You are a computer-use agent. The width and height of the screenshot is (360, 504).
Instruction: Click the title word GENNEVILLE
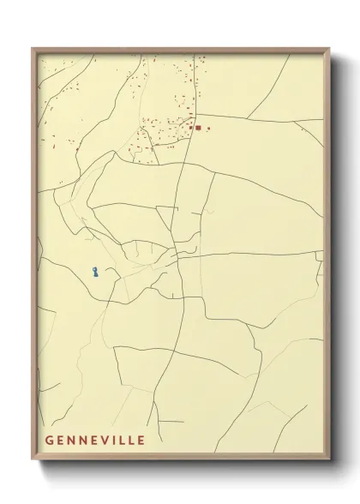[x=95, y=441]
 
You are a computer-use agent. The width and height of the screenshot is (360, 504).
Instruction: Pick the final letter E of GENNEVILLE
[x=140, y=441]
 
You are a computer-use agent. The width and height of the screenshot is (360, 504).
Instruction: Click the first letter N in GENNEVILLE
[x=72, y=441]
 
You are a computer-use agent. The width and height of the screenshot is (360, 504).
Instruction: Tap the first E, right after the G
[x=61, y=441]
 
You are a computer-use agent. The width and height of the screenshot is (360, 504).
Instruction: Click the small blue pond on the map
[x=95, y=273]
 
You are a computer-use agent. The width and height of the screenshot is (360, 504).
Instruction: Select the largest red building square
[x=198, y=128]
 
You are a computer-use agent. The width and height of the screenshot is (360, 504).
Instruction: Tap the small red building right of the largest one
[x=208, y=128]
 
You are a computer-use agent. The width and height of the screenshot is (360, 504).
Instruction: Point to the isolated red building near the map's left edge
[x=77, y=150]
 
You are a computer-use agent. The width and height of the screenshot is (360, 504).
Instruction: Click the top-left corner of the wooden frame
[x=33, y=49]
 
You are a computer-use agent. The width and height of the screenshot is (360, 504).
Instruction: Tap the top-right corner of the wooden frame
[x=328, y=49]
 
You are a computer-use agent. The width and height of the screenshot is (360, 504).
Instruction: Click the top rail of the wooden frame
[x=180, y=50]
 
